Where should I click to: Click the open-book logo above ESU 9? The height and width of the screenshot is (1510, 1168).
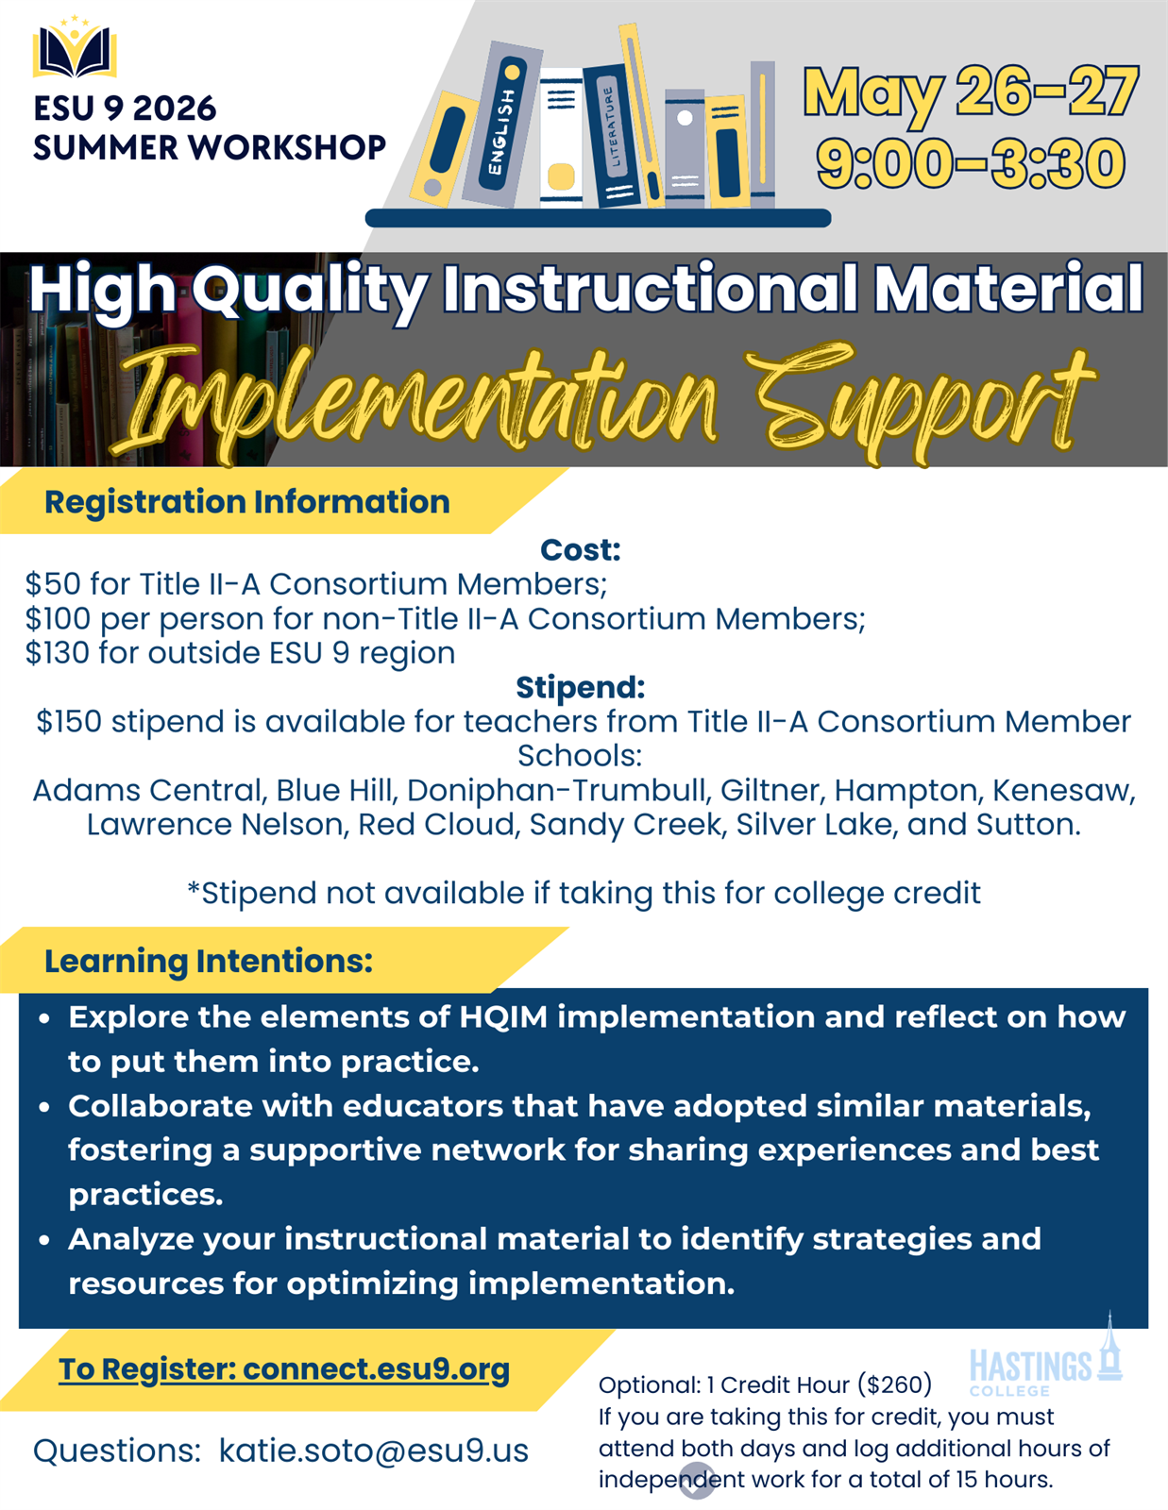pos(75,47)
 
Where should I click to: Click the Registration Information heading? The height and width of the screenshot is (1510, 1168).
pos(246,502)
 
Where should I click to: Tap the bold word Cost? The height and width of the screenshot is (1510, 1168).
pos(581,549)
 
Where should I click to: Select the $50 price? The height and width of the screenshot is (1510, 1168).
pos(53,583)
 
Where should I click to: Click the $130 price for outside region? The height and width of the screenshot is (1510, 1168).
pos(59,652)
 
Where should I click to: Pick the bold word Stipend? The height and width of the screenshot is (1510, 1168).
pos(581,687)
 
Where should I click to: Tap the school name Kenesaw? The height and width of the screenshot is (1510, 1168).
pos(1063,790)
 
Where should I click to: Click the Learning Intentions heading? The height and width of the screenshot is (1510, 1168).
pos(209,961)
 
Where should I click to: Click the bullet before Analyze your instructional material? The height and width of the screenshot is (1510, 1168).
pos(44,1240)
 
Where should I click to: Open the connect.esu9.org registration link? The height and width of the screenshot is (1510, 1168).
pos(376,1369)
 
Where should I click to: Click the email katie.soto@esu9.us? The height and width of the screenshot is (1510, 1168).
pos(374,1451)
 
